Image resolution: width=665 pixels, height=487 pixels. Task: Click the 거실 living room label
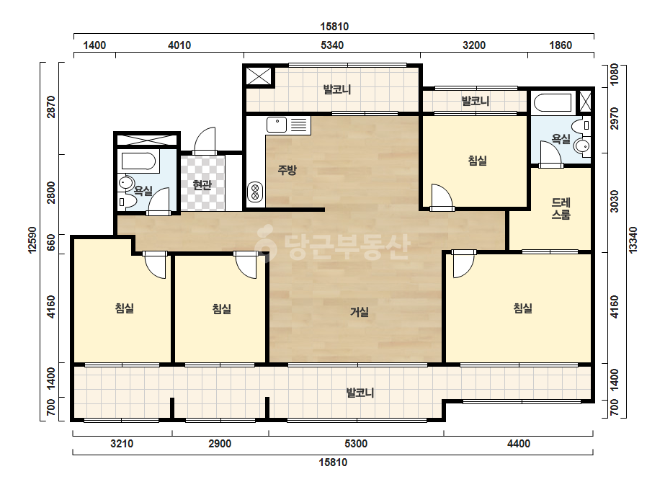coord(360,312)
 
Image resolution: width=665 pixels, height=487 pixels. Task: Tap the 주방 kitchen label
coord(287,170)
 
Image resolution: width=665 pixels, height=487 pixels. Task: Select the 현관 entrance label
coord(202,185)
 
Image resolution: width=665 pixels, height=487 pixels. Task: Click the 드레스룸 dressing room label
coord(561,208)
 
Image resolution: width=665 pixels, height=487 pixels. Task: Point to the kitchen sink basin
coord(277,125)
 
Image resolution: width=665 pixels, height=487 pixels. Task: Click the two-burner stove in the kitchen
coord(255,192)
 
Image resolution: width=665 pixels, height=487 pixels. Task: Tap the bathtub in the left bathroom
coord(138,161)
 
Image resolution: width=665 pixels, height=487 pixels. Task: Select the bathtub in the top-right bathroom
coord(553,103)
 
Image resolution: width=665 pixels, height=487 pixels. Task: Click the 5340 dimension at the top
coord(332,45)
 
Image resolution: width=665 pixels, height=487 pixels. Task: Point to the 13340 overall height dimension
coord(633,240)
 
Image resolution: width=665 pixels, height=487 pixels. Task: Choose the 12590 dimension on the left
coord(32,240)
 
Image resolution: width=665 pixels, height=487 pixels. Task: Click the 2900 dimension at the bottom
coord(220,444)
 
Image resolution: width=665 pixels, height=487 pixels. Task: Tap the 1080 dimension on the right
coord(614,75)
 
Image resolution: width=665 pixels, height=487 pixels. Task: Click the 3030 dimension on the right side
coord(614,202)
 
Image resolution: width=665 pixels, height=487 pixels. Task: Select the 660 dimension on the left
coord(51,242)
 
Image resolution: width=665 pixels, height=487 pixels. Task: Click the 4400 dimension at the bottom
coord(519,444)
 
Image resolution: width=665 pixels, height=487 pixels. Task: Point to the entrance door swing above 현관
coord(205,140)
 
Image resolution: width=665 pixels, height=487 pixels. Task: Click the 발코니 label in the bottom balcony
coord(360,393)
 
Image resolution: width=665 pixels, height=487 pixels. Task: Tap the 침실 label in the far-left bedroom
coord(125,308)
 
